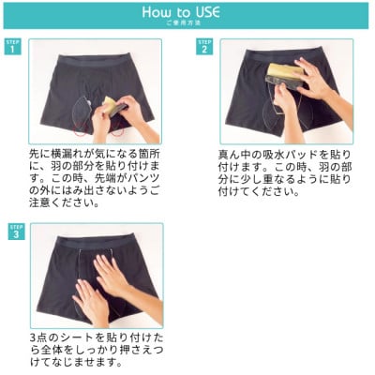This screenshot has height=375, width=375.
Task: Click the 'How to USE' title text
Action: (x=187, y=12)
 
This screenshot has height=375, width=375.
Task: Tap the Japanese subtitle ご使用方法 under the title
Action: (x=187, y=24)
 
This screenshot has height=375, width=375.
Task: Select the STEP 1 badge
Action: (x=13, y=46)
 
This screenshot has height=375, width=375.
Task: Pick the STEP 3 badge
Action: (x=13, y=231)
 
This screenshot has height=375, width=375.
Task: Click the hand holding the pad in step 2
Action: (x=314, y=81)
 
